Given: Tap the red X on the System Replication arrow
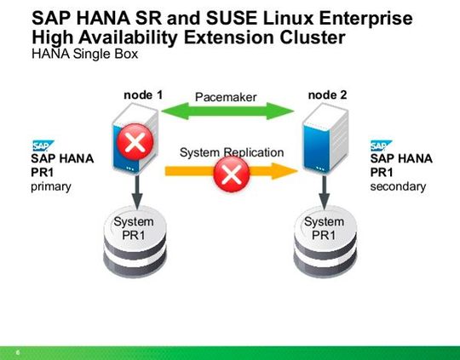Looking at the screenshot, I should click(231, 176).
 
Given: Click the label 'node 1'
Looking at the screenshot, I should click(143, 94).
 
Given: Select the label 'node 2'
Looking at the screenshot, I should click(328, 94).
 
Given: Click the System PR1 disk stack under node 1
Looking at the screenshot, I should click(134, 235).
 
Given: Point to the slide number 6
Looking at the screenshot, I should click(17, 350).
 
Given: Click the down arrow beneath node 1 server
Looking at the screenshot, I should click(134, 188).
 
